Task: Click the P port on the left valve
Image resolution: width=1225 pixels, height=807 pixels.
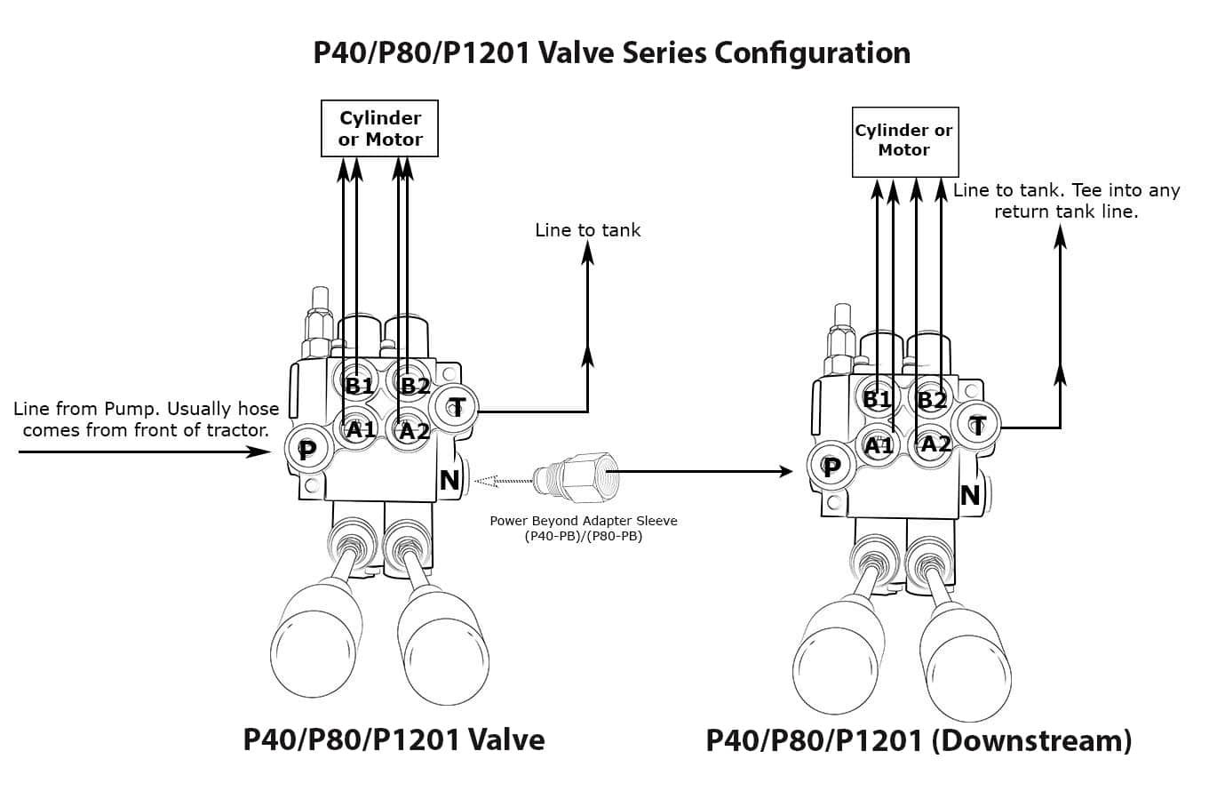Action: click(x=306, y=450)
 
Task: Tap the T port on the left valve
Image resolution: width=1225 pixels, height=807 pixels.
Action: click(x=457, y=408)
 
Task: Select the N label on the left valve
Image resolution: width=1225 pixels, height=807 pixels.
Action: click(x=449, y=480)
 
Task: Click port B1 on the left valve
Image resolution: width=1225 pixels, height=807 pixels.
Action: click(x=360, y=385)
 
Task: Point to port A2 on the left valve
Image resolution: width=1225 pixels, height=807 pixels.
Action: click(x=414, y=432)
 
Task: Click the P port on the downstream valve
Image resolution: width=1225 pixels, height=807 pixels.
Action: click(x=831, y=467)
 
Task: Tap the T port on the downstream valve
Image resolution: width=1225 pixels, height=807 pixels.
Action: click(x=978, y=426)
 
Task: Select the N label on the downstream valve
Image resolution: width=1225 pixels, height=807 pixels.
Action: click(x=969, y=495)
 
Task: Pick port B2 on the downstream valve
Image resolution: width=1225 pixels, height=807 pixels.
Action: click(x=932, y=399)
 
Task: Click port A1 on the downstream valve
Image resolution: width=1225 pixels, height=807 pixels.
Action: click(x=879, y=445)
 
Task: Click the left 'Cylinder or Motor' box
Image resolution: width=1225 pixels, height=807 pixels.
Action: click(x=379, y=129)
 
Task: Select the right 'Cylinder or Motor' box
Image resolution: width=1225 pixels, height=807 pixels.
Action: click(x=904, y=140)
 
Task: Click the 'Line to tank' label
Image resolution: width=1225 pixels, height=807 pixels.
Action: click(x=587, y=230)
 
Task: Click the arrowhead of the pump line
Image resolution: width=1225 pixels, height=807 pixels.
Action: click(x=259, y=451)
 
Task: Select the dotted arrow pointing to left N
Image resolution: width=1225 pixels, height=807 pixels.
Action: click(x=505, y=482)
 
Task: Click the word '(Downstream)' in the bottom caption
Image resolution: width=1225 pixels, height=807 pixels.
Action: click(x=1030, y=740)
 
